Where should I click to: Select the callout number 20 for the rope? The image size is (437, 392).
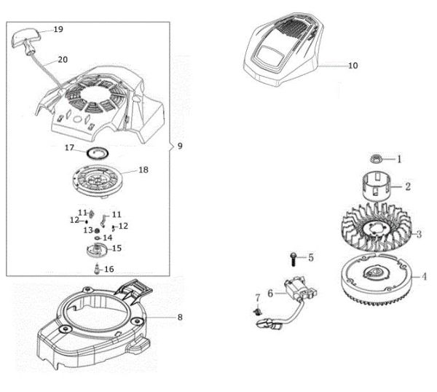63,59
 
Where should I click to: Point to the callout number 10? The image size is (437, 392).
353,66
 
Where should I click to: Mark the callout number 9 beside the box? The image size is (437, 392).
180,146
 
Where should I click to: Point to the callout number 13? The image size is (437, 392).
87,230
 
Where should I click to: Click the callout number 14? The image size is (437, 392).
107,238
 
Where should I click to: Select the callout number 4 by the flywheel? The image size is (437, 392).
425,277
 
